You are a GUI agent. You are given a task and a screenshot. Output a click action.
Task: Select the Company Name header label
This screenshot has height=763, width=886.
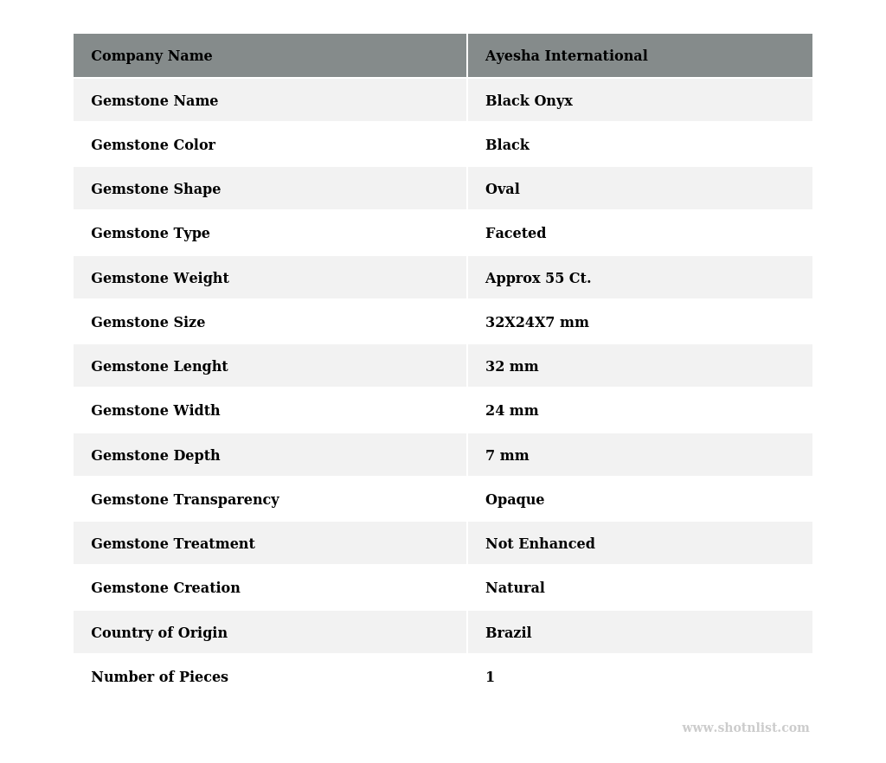151,56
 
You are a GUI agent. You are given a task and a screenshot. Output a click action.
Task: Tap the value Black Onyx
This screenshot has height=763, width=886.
529,101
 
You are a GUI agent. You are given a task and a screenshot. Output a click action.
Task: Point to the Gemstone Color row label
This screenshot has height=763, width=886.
153,145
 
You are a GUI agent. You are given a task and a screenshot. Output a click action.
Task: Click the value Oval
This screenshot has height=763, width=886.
503,189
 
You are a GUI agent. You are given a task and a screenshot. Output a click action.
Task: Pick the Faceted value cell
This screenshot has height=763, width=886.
516,234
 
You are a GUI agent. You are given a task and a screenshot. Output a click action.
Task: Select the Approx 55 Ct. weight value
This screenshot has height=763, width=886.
538,279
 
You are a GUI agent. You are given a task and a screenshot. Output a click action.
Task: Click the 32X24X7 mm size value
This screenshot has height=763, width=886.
536,323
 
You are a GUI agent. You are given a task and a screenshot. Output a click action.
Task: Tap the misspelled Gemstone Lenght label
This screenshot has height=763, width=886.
159,367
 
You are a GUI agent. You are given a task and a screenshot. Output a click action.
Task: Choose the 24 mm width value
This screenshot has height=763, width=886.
511,411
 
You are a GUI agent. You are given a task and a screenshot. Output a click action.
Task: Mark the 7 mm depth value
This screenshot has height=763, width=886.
507,456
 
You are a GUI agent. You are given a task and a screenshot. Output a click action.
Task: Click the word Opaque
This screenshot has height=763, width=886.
515,500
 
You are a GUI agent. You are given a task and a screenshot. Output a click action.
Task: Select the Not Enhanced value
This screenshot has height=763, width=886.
540,544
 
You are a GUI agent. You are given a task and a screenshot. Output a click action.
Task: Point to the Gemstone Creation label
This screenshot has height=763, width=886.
165,588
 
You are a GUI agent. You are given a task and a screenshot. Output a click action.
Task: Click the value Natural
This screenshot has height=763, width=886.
515,588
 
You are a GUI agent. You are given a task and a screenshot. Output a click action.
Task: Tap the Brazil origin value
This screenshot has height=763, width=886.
508,633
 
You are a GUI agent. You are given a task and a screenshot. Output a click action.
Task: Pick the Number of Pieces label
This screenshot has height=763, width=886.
159,677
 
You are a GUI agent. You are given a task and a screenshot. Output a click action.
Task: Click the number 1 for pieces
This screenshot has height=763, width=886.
490,677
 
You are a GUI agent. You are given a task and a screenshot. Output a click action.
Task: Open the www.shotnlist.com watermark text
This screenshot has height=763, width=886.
745,728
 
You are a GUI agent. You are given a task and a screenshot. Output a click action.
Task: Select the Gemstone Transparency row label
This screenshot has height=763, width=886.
185,500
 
